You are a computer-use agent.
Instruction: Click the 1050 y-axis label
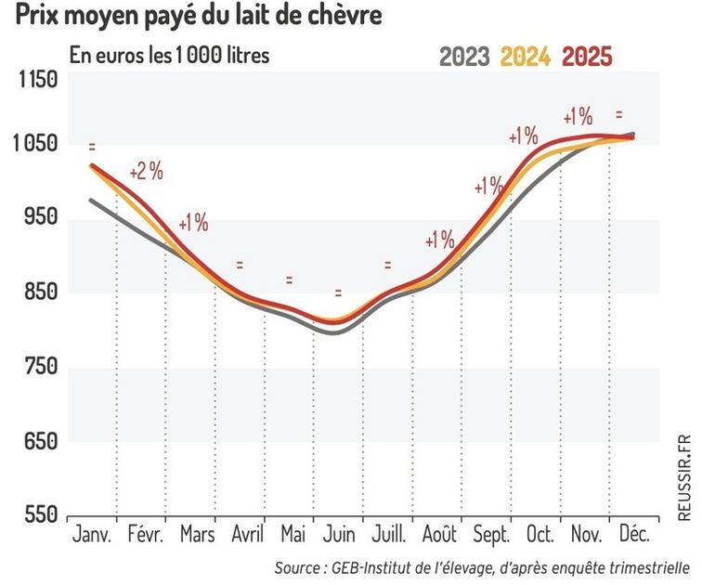click(38, 144)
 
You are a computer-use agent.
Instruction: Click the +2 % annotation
click(146, 172)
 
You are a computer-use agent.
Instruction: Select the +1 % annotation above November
click(578, 117)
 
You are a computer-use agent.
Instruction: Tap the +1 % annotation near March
click(192, 223)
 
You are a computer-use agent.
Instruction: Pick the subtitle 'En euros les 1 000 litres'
click(169, 56)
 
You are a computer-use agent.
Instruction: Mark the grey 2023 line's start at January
click(91, 200)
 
